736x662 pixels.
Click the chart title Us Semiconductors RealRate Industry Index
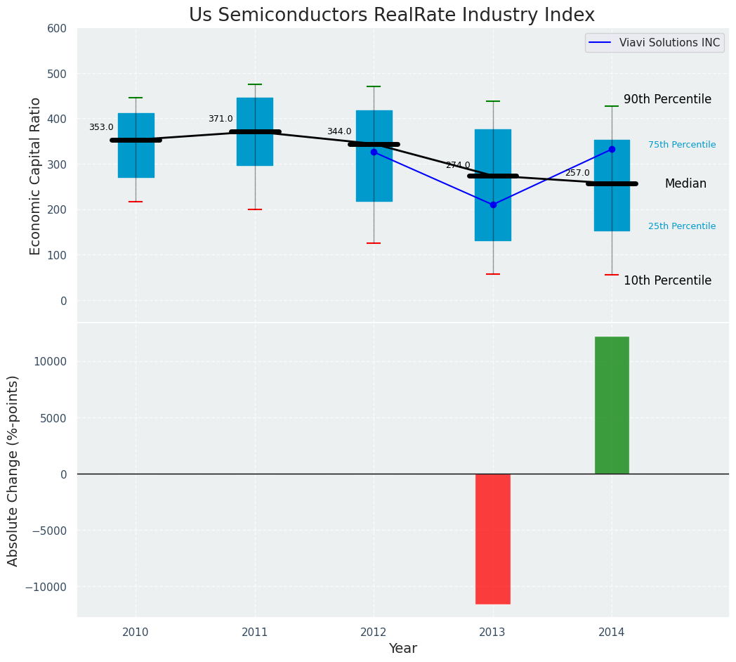(x=391, y=15)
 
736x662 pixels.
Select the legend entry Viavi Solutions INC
(x=669, y=43)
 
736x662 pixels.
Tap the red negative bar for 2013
(x=492, y=538)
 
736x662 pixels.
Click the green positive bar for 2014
(x=612, y=405)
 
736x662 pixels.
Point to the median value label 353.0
(x=101, y=127)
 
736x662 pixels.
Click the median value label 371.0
(x=221, y=119)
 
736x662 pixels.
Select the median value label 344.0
(x=339, y=131)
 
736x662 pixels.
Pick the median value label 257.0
(x=577, y=173)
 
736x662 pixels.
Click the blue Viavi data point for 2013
(x=493, y=205)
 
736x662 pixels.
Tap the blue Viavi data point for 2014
(x=612, y=149)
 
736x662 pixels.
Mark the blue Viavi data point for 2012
(x=374, y=152)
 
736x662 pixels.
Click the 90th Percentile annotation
(x=667, y=100)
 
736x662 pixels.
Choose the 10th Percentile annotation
(x=667, y=280)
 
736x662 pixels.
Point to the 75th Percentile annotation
(x=682, y=145)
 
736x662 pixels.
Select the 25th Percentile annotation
(x=682, y=226)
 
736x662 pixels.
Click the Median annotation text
(x=685, y=183)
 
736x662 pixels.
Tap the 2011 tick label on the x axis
(x=255, y=632)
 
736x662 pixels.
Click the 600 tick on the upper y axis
(x=56, y=29)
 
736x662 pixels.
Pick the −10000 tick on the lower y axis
(x=47, y=587)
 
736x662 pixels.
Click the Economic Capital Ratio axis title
(x=36, y=176)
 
